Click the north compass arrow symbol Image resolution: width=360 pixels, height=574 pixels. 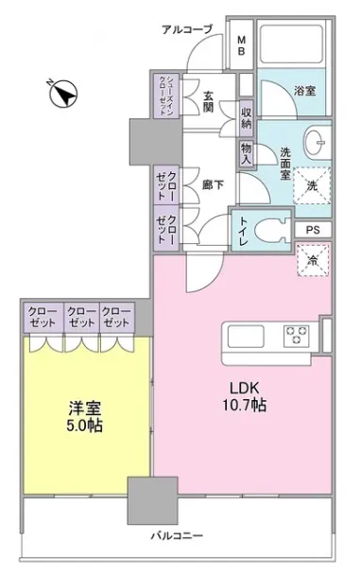[x=63, y=94]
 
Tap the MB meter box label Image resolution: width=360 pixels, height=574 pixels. [x=241, y=45]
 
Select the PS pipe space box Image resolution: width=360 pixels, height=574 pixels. [x=313, y=230]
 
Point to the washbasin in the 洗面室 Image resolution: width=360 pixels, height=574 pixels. [x=317, y=142]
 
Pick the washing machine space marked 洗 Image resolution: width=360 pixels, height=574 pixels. [x=312, y=185]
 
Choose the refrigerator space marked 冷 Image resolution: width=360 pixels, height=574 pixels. [x=313, y=260]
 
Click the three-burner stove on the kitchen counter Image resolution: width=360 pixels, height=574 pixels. [x=296, y=336]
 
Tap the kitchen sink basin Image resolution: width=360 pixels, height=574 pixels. [x=246, y=336]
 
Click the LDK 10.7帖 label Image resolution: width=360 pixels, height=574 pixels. [x=245, y=395]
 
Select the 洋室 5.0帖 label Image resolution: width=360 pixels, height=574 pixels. [x=84, y=416]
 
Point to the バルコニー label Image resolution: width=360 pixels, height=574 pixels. [x=177, y=536]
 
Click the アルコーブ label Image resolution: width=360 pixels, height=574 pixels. [x=187, y=29]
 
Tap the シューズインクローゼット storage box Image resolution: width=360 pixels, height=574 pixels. [x=166, y=96]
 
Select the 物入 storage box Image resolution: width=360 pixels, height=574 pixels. [x=247, y=154]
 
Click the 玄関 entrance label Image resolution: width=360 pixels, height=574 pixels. [x=208, y=101]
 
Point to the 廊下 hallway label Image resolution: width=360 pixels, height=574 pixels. [x=213, y=185]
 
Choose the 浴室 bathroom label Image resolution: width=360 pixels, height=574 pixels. [x=305, y=91]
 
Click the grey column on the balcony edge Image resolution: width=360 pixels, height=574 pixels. [x=152, y=500]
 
